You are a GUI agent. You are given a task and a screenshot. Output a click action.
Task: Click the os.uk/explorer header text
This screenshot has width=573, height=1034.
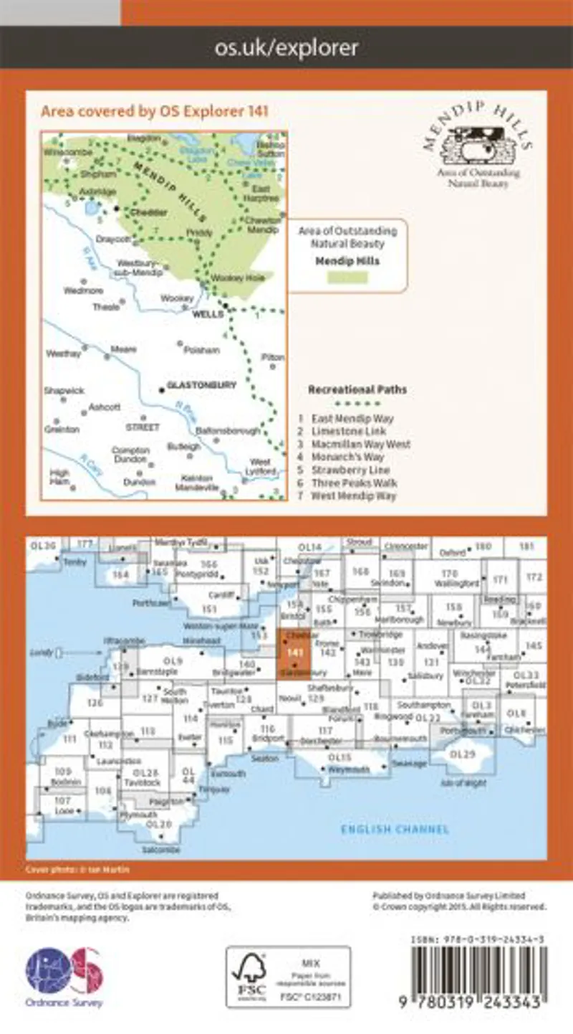286,48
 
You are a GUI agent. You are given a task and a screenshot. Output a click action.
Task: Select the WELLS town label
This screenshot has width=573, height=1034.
206,313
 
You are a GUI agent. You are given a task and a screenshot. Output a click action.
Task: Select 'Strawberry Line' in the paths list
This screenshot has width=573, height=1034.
351,470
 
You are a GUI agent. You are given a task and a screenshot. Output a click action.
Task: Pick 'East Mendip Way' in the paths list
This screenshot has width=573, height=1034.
352,418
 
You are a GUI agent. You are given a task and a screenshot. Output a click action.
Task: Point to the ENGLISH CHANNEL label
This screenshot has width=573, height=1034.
395,830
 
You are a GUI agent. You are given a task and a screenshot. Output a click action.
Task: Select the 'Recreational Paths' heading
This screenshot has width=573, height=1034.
357,390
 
